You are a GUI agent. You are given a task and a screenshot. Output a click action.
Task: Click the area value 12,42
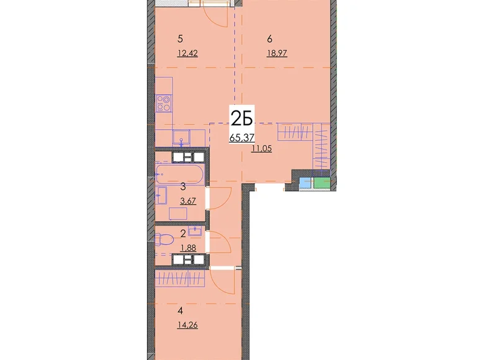[x=187, y=53]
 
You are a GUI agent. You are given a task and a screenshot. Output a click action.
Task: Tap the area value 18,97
[x=277, y=53]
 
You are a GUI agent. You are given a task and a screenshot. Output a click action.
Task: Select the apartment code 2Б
[x=242, y=119]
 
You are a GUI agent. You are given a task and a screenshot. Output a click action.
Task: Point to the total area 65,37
[x=242, y=137]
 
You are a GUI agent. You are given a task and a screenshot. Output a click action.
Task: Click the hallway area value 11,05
[x=261, y=149]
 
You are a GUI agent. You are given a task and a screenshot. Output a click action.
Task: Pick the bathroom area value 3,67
[x=188, y=201]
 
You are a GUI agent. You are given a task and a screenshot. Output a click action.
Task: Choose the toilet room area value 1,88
[x=188, y=248]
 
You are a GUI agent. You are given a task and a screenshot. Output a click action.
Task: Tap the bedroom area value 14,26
[x=187, y=325]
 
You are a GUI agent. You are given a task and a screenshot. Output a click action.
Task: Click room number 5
[x=181, y=39]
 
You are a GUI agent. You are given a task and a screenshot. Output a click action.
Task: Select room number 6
[x=270, y=39]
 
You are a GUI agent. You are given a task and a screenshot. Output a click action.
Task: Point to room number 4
[x=181, y=310]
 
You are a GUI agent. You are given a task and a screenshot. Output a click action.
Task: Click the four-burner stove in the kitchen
[x=164, y=104]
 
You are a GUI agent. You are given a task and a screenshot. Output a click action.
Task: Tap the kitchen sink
[x=181, y=137]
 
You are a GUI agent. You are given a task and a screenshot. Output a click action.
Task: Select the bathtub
[x=180, y=174]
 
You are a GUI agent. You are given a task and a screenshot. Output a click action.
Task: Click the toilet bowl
[x=161, y=240]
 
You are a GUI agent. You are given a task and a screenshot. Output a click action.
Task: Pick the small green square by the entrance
[x=322, y=183]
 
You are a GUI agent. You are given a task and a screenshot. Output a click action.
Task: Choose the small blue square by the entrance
[x=306, y=183]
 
